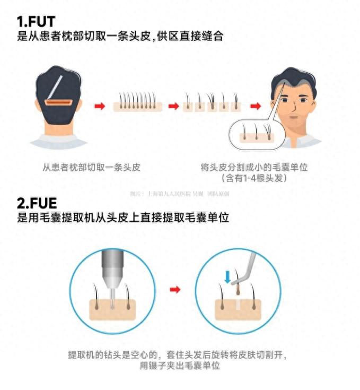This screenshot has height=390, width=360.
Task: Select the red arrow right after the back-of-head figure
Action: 99,106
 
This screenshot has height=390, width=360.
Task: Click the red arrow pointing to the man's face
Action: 255,106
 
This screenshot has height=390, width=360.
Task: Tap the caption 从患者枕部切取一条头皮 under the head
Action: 95,167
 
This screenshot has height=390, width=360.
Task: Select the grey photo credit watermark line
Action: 180,194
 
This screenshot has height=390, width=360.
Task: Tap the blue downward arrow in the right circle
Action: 227,276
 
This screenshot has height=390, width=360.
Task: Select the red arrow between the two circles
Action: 175,289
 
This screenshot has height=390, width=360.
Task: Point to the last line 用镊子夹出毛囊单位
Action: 180,366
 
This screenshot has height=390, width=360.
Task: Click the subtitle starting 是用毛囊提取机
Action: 123,218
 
